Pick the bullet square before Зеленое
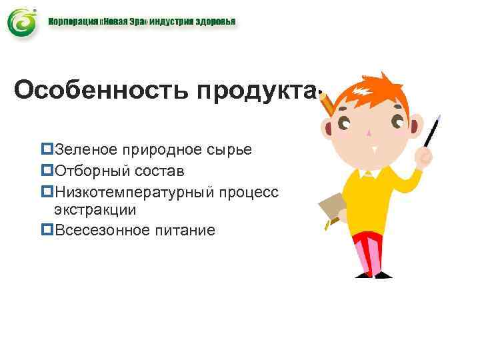(47, 149)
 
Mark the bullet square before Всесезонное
(47, 230)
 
